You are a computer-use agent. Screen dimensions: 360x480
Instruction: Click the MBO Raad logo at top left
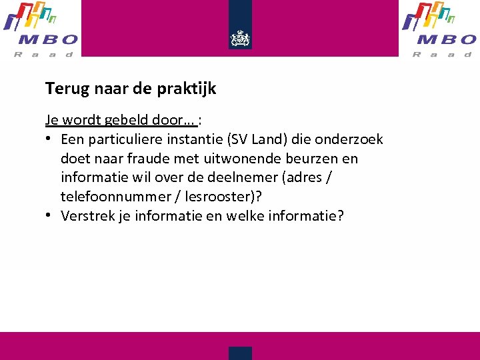41,29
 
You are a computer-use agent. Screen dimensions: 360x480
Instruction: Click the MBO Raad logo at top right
439,29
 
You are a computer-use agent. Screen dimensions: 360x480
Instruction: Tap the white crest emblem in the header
240,38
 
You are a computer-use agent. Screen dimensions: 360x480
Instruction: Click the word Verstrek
86,216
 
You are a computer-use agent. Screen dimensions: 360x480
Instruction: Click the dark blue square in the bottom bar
240,353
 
